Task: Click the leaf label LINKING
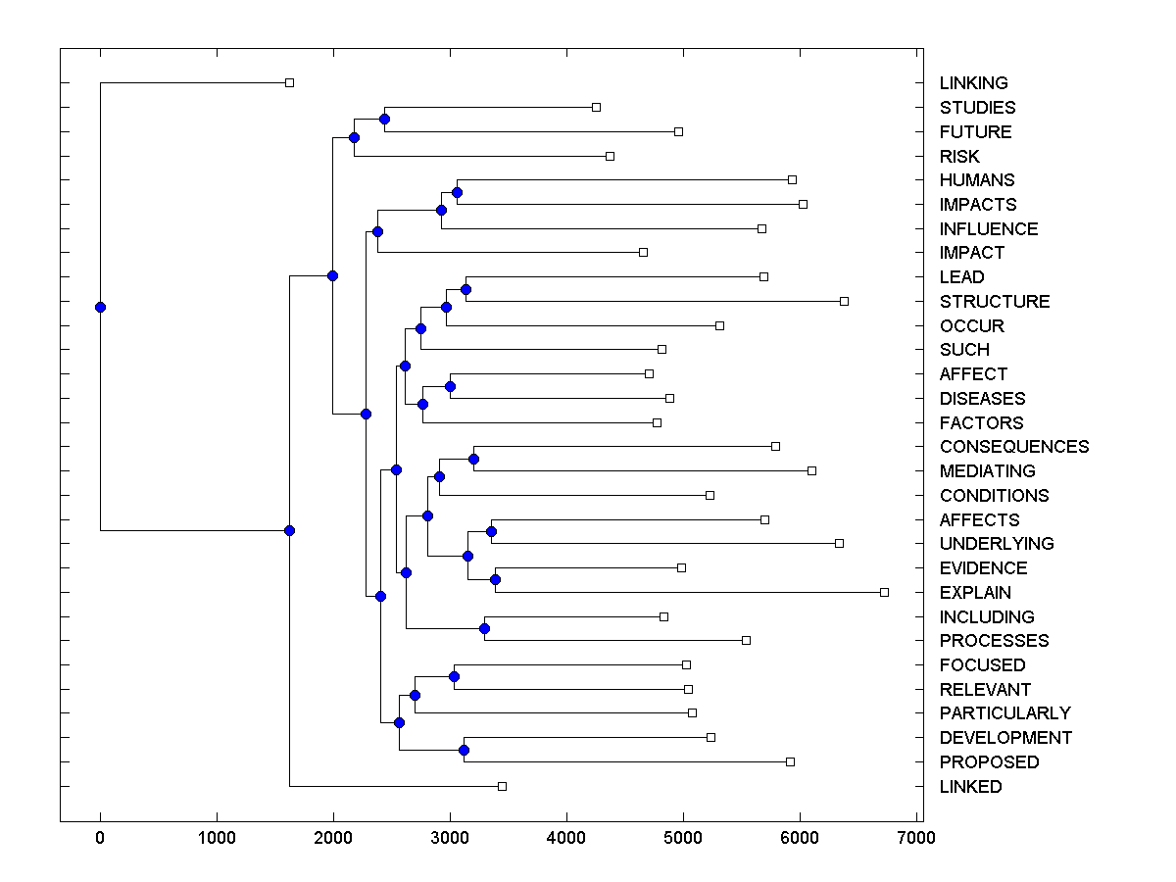[973, 83]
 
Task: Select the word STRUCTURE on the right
[994, 302]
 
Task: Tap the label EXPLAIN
[975, 593]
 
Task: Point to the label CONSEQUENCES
[1013, 447]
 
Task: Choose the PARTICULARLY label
[1004, 713]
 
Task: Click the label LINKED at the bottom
[970, 787]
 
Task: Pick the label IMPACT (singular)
[971, 253]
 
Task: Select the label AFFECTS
[979, 520]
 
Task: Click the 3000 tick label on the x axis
[450, 837]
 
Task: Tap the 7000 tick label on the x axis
[916, 837]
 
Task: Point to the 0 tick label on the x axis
[100, 837]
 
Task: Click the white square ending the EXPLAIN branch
[884, 592]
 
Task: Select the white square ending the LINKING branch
[289, 82]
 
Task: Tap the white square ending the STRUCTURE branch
[844, 301]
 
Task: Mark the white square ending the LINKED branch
[502, 786]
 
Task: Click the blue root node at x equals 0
[100, 307]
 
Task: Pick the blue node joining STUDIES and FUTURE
[384, 120]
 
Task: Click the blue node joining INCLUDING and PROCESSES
[484, 628]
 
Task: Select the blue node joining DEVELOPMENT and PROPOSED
[464, 750]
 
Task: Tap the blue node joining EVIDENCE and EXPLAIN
[495, 580]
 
